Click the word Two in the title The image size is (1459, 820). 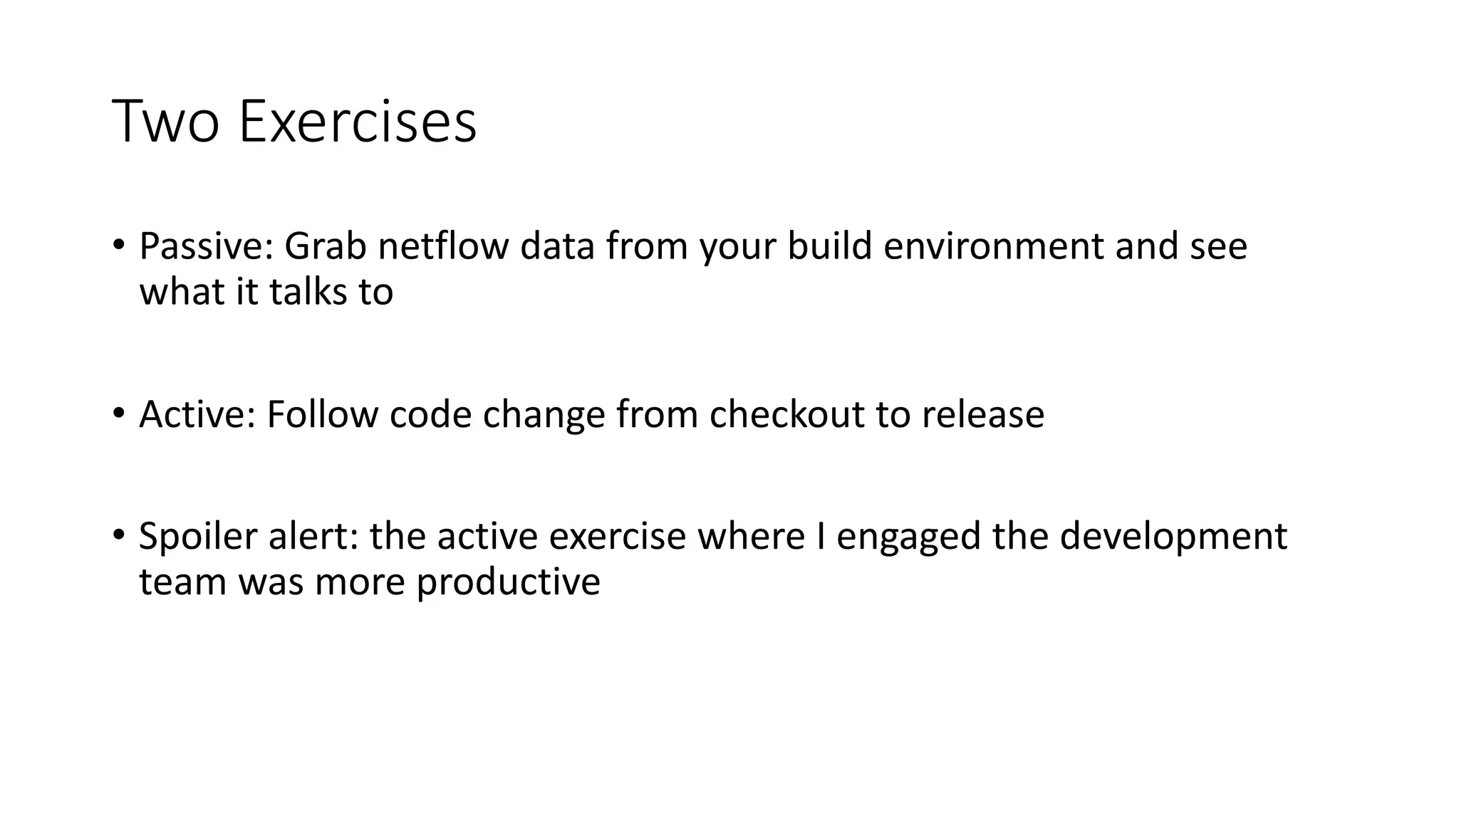pyautogui.click(x=165, y=122)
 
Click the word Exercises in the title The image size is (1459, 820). pyautogui.click(x=357, y=122)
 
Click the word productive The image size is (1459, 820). pyautogui.click(x=508, y=582)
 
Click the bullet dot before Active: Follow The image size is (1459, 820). pyautogui.click(x=118, y=413)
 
